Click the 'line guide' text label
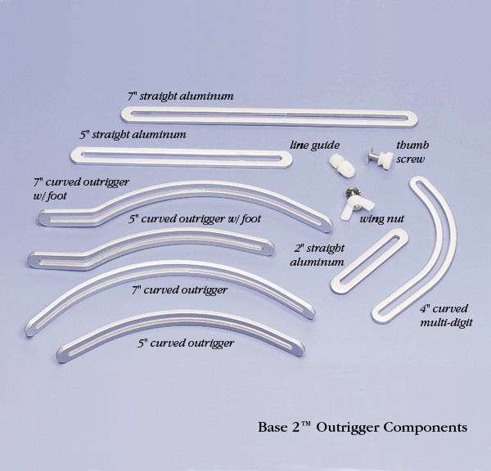[314, 146]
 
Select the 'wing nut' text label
[382, 219]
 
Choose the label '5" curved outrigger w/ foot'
[195, 219]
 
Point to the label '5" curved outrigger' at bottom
[186, 343]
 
